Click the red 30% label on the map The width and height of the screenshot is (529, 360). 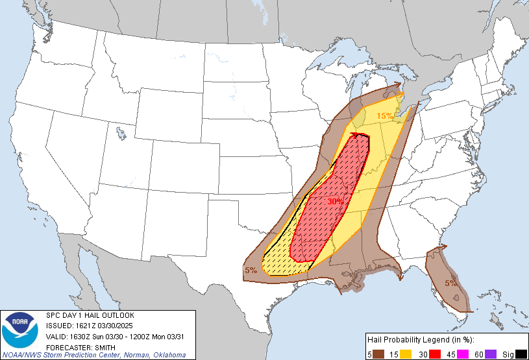tap(335, 202)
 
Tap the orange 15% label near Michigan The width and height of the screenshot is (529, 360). tap(384, 116)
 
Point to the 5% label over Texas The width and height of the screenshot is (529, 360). tap(251, 270)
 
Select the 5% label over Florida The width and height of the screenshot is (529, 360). tap(451, 283)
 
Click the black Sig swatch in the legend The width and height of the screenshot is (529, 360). tap(521, 353)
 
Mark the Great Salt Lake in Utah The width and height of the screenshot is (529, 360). tap(121, 135)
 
